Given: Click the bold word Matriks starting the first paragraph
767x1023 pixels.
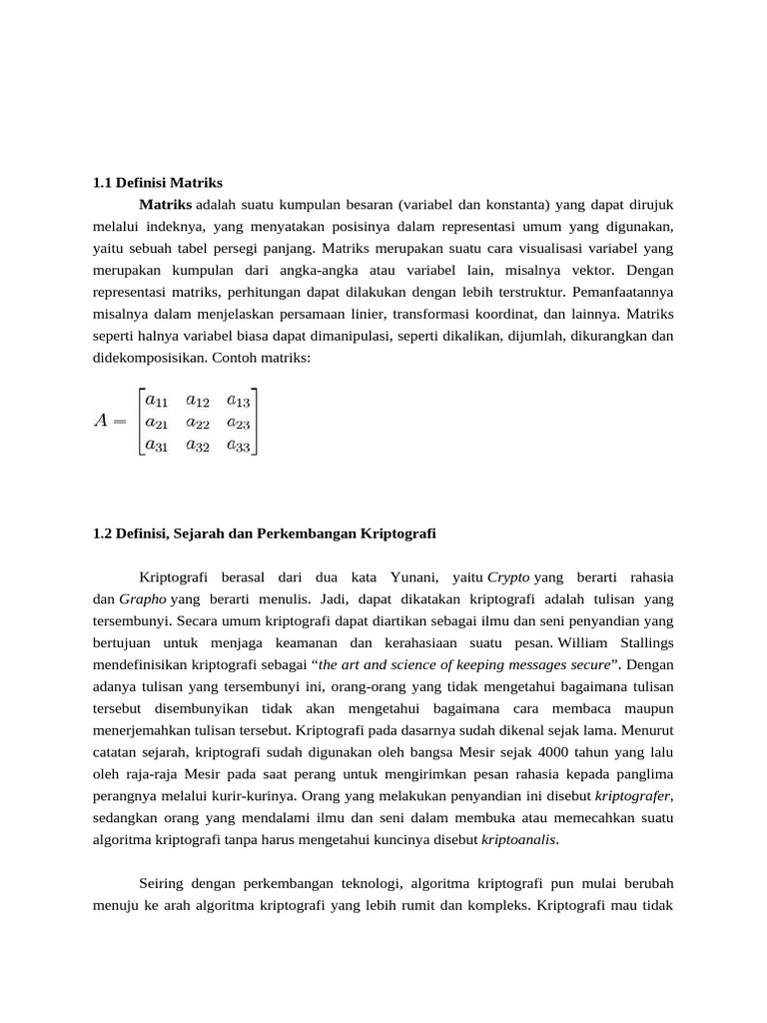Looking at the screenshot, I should tap(165, 205).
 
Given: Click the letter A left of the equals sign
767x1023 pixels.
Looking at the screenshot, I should tap(101, 421).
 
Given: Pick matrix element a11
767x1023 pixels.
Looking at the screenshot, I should tap(158, 400).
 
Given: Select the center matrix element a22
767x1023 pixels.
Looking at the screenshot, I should tap(198, 423).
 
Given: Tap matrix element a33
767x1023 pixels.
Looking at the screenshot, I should tap(238, 446).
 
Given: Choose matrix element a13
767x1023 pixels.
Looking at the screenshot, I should tap(238, 400).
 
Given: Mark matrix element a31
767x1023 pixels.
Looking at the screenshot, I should tap(158, 446).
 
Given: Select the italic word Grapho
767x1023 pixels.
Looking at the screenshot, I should tap(144, 599).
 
